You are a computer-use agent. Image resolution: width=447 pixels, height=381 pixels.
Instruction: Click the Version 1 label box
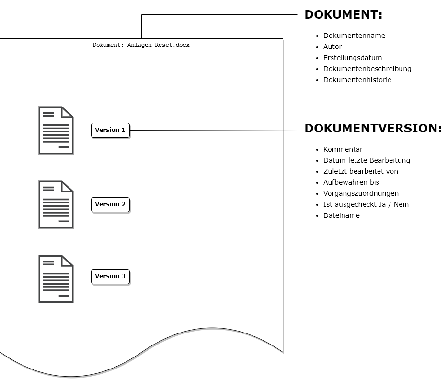(x=110, y=130)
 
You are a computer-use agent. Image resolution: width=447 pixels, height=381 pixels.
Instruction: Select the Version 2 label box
(x=110, y=204)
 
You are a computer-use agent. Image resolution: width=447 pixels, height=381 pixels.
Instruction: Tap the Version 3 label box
(x=110, y=276)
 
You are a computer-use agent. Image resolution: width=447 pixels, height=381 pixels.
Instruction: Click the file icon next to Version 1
(x=56, y=130)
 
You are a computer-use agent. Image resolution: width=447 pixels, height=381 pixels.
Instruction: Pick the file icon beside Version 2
(x=56, y=204)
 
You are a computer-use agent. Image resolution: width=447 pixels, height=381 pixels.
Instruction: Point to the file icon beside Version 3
(x=56, y=279)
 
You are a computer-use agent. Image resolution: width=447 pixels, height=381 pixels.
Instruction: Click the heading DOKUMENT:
(x=344, y=15)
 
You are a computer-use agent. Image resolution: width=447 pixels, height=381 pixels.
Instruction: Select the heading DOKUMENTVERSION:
(x=373, y=129)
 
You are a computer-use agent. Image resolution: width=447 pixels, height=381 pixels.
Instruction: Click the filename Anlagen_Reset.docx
(x=158, y=45)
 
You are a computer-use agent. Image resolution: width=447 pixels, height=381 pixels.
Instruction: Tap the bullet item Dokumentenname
(x=354, y=36)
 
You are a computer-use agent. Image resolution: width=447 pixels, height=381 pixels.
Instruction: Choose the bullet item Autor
(x=332, y=47)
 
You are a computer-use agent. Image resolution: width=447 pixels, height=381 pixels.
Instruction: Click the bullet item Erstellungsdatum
(x=353, y=58)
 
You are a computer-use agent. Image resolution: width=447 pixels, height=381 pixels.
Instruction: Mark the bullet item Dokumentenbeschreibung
(x=367, y=69)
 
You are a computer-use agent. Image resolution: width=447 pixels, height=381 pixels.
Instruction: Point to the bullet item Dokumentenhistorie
(x=357, y=80)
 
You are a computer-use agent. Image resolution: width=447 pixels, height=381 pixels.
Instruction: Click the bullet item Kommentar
(x=343, y=149)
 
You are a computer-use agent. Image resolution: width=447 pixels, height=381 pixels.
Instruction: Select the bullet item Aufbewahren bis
(x=351, y=182)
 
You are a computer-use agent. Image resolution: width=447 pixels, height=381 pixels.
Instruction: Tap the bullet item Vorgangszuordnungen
(x=361, y=194)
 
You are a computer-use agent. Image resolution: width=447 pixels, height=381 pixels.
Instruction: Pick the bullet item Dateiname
(x=342, y=215)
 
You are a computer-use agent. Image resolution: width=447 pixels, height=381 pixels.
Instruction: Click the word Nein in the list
(x=401, y=204)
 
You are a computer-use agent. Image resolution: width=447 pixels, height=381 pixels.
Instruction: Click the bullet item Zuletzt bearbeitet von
(x=361, y=171)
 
